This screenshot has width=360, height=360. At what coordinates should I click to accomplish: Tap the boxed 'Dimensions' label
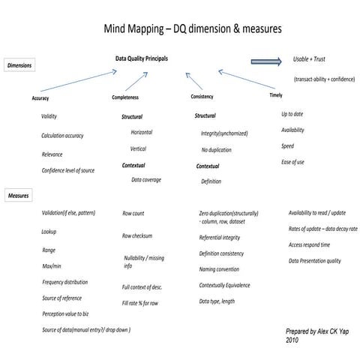(20, 66)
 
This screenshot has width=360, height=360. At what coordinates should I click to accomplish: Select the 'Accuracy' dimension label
(40, 98)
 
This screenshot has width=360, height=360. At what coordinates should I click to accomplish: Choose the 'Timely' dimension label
(275, 95)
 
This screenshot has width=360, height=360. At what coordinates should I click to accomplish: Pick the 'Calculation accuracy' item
(62, 136)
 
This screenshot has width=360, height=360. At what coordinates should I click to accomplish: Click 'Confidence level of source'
(67, 171)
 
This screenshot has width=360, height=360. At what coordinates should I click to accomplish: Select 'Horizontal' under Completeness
(141, 132)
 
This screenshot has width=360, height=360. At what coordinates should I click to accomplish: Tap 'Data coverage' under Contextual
(147, 180)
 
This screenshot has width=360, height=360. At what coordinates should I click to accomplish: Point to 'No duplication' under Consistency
(216, 150)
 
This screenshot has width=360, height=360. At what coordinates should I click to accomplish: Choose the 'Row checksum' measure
(137, 236)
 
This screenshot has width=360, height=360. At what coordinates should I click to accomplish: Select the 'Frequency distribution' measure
(64, 282)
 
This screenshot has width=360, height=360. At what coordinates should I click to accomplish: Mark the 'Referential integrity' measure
(220, 237)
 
